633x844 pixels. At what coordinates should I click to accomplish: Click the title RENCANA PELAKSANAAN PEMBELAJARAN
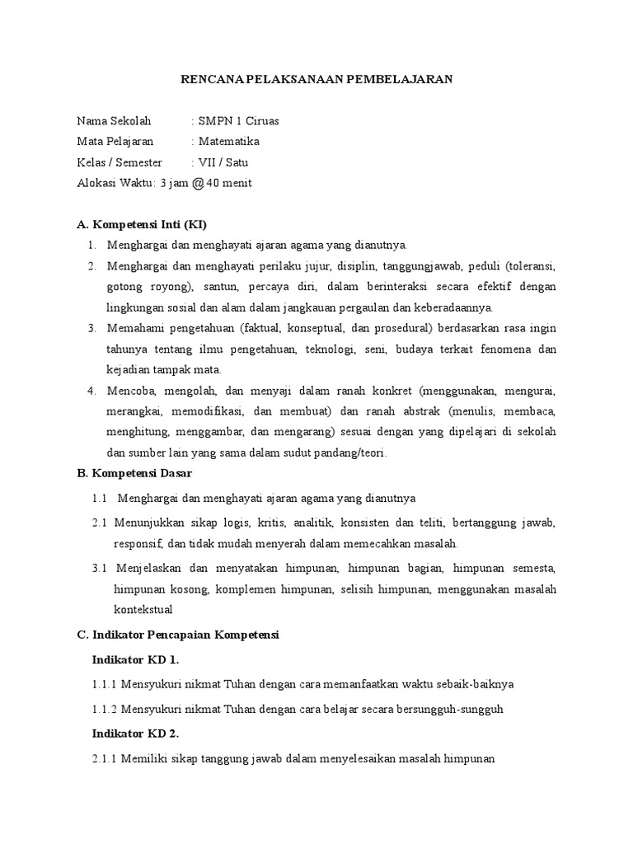316,80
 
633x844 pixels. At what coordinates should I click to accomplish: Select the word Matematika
227,142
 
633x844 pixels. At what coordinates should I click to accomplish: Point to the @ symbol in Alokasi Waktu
197,183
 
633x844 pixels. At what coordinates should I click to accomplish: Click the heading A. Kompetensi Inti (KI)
147,224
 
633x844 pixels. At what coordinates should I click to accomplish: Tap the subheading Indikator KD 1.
135,659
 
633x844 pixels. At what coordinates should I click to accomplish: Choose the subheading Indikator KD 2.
135,734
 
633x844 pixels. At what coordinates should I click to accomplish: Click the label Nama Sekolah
115,121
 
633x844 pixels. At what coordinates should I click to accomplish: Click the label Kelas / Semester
120,162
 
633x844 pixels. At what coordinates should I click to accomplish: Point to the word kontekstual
143,610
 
